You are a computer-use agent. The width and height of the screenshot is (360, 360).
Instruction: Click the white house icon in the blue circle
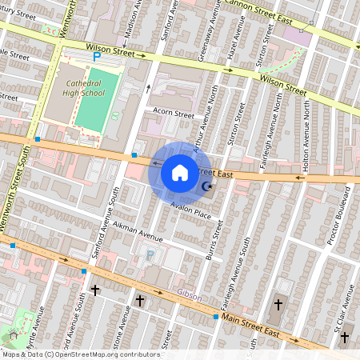(179, 172)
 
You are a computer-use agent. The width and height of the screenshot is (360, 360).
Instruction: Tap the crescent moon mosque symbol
(207, 187)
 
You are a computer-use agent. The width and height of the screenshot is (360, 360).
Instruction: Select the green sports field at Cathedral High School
(95, 101)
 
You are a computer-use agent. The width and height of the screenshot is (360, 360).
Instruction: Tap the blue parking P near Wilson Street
(97, 57)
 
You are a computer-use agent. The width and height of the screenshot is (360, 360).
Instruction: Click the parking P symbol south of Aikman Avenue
(150, 256)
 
